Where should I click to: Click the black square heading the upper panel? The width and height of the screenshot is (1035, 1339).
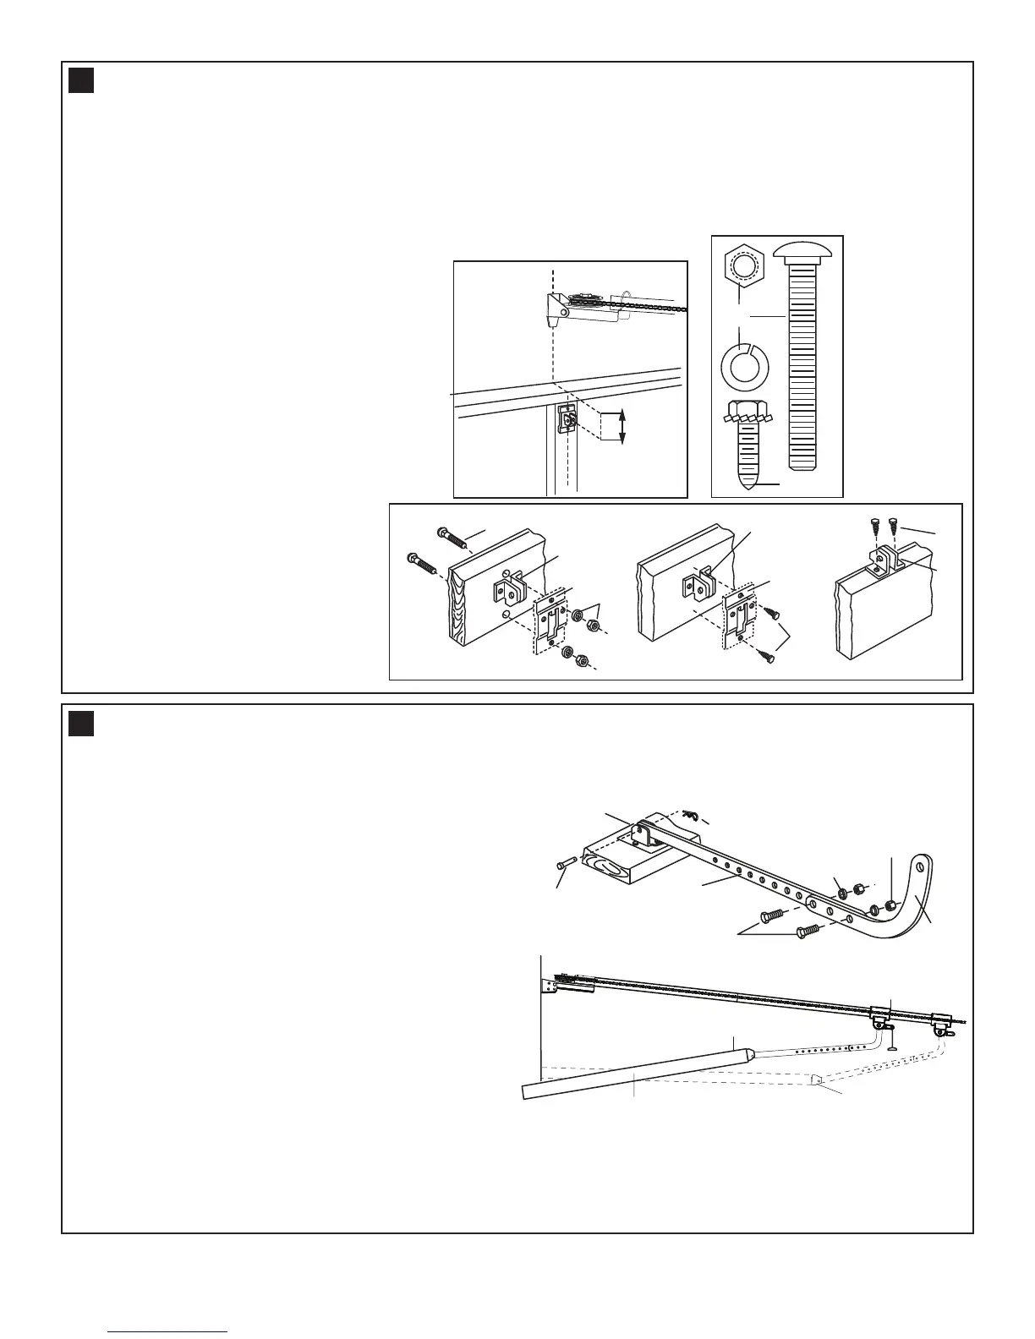coord(81,81)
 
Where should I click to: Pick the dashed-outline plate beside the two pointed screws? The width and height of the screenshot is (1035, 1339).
coord(736,625)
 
